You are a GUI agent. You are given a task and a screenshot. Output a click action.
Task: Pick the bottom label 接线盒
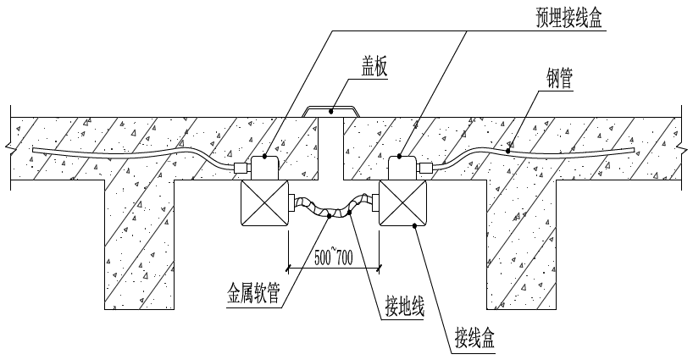pyautogui.click(x=474, y=341)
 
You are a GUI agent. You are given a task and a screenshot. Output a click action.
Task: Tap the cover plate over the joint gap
pyautogui.click(x=330, y=110)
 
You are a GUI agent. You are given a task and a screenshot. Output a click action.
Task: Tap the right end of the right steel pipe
pyautogui.click(x=634, y=150)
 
